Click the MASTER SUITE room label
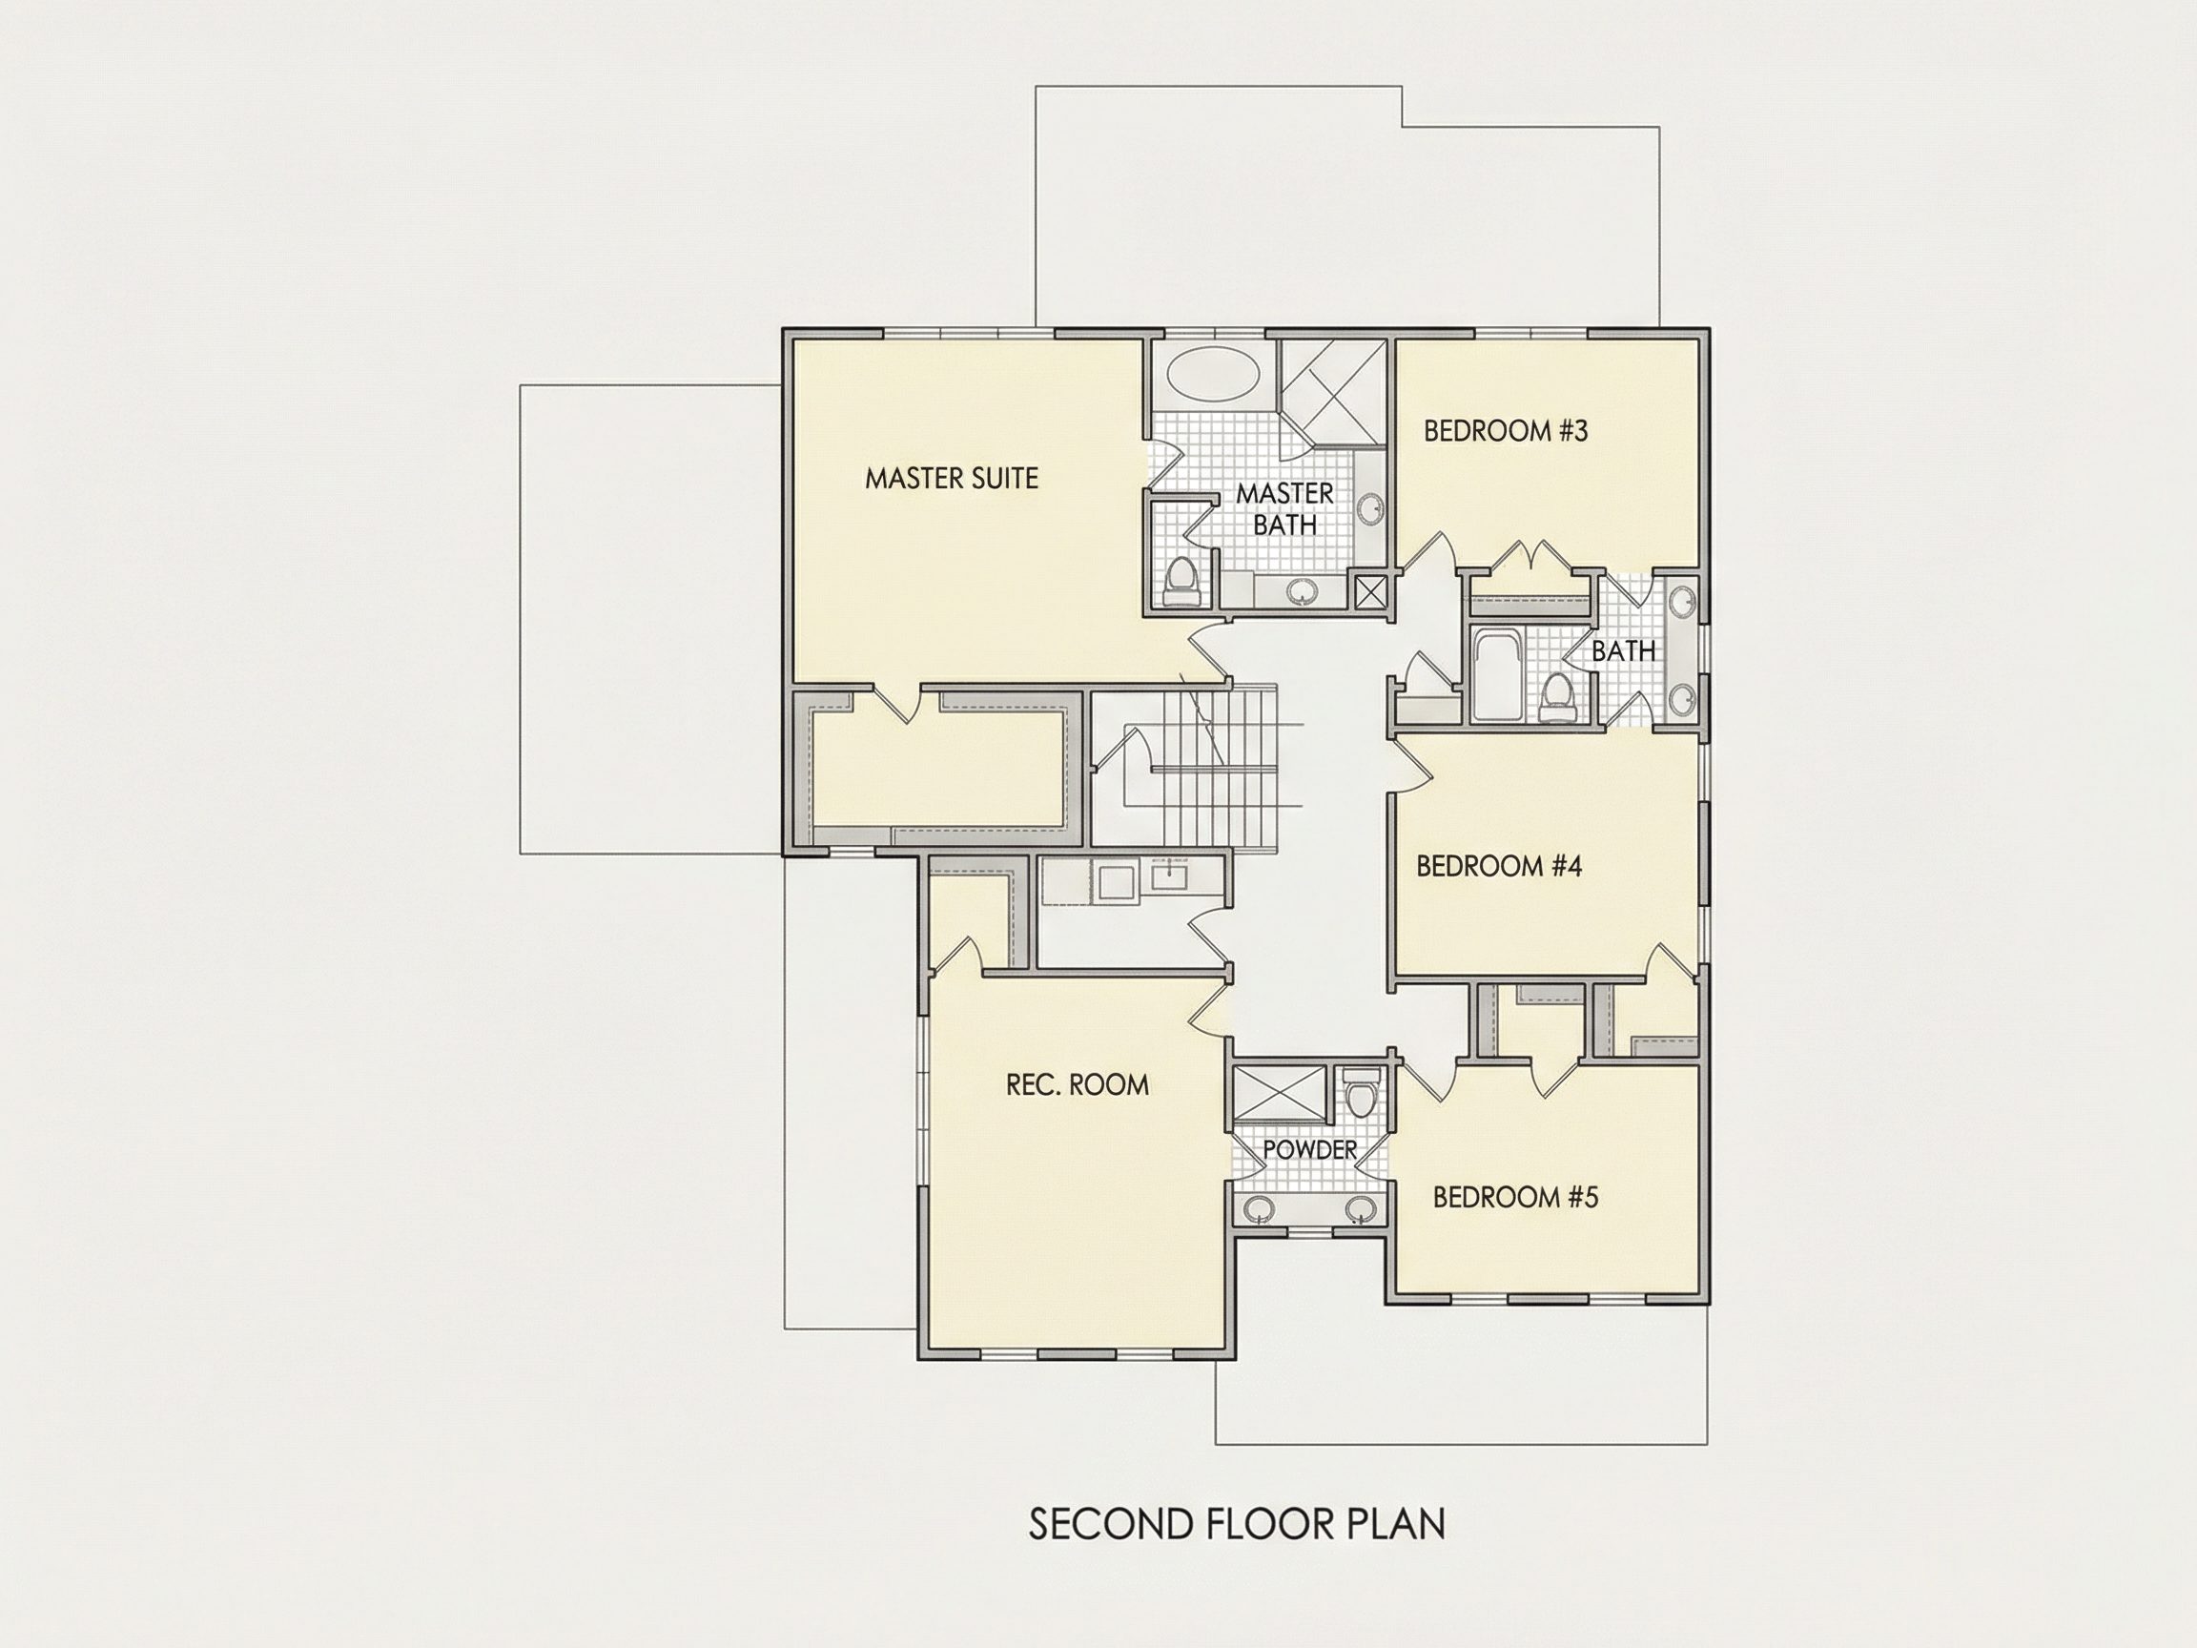(952, 479)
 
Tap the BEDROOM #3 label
(1506, 430)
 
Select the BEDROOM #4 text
(1499, 866)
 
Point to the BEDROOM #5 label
(1515, 1197)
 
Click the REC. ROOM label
(1078, 1084)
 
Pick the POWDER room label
(1310, 1149)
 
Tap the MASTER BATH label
(1285, 508)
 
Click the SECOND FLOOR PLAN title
(1237, 1524)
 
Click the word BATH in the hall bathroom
(1624, 651)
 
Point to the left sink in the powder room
(1261, 1209)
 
